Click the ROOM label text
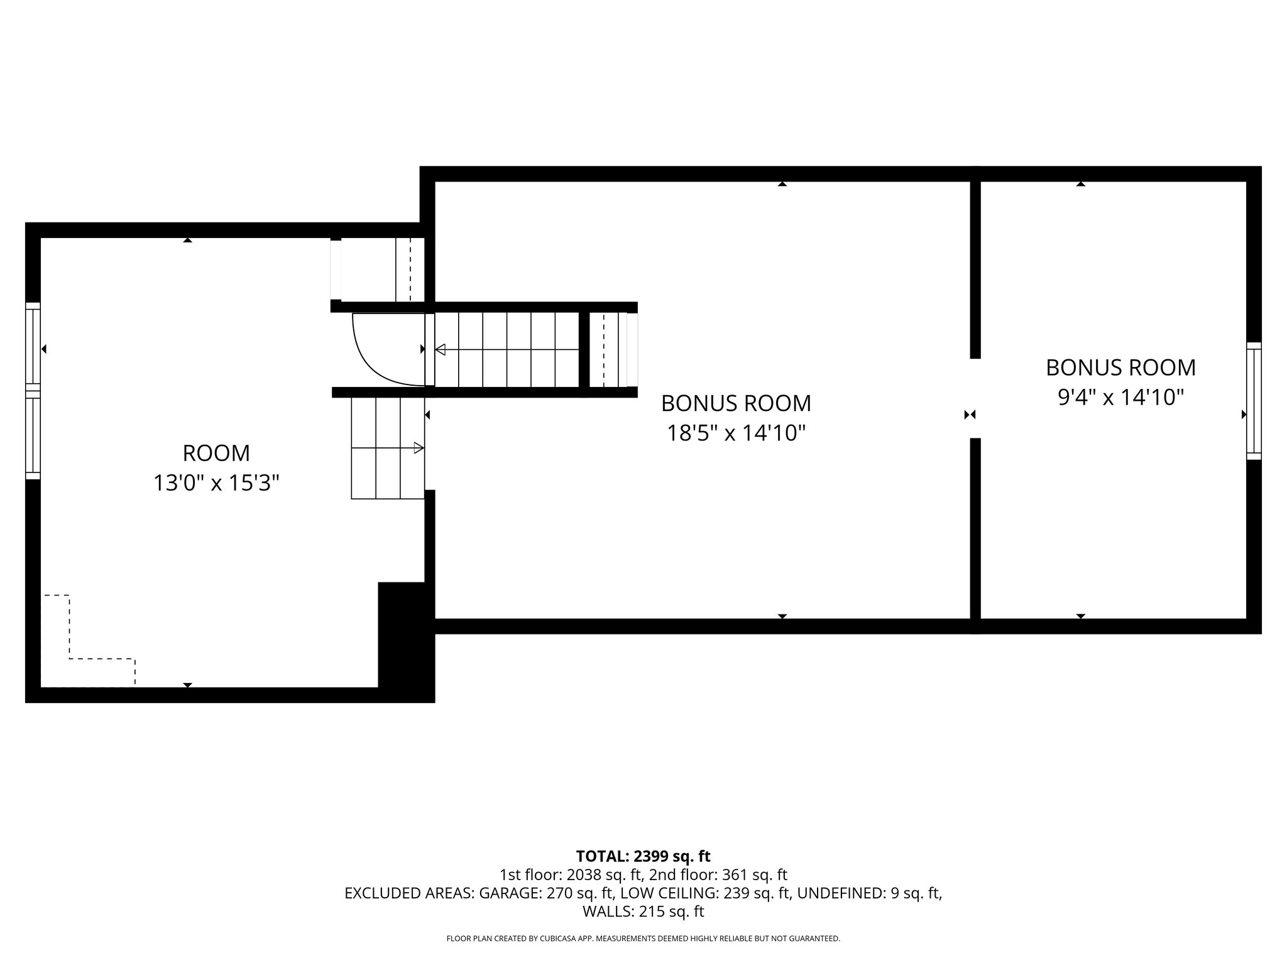pyautogui.click(x=216, y=453)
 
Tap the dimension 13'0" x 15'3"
pyautogui.click(x=216, y=483)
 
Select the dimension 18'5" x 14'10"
pyautogui.click(x=736, y=433)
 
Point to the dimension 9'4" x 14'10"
pyautogui.click(x=1120, y=397)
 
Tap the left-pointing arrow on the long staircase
pyautogui.click(x=441, y=349)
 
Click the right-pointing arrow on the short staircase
pyautogui.click(x=418, y=448)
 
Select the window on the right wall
pyautogui.click(x=1254, y=401)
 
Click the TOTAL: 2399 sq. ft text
pyautogui.click(x=643, y=856)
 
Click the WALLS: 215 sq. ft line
pyautogui.click(x=643, y=911)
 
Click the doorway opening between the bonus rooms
pyautogui.click(x=975, y=398)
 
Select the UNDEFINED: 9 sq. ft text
pyautogui.click(x=869, y=893)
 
